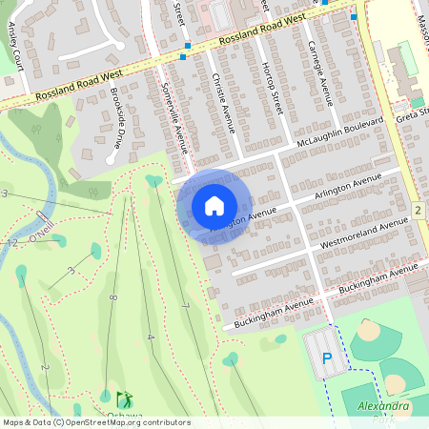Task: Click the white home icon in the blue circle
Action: point(214,206)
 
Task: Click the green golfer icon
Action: point(122,399)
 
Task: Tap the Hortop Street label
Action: point(273,92)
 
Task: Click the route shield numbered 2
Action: point(418,209)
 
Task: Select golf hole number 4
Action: point(151,337)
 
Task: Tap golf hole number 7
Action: point(184,305)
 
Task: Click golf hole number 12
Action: point(10,244)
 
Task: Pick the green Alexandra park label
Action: point(384,407)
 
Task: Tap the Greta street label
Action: point(414,112)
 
